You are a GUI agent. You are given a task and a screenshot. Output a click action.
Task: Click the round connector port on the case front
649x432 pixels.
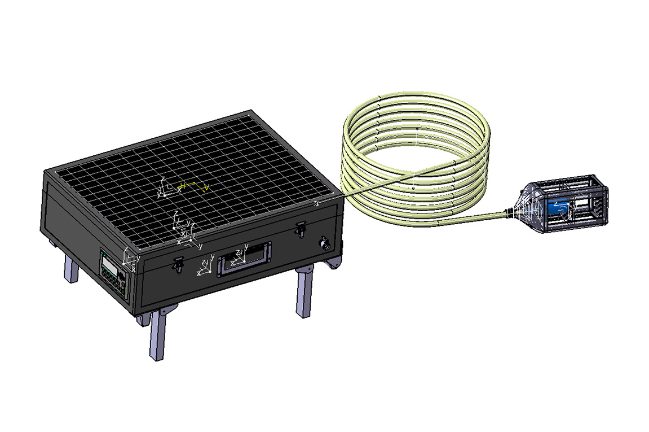[325, 243]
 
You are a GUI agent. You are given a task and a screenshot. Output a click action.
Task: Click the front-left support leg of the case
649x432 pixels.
[157, 336]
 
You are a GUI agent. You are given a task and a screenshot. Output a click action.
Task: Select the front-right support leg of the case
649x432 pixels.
[303, 294]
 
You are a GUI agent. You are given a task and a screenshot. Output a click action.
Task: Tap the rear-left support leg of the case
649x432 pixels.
[70, 269]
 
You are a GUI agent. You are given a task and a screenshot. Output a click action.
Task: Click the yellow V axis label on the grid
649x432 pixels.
[206, 187]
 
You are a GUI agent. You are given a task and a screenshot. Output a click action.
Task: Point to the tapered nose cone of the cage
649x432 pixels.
[524, 207]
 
